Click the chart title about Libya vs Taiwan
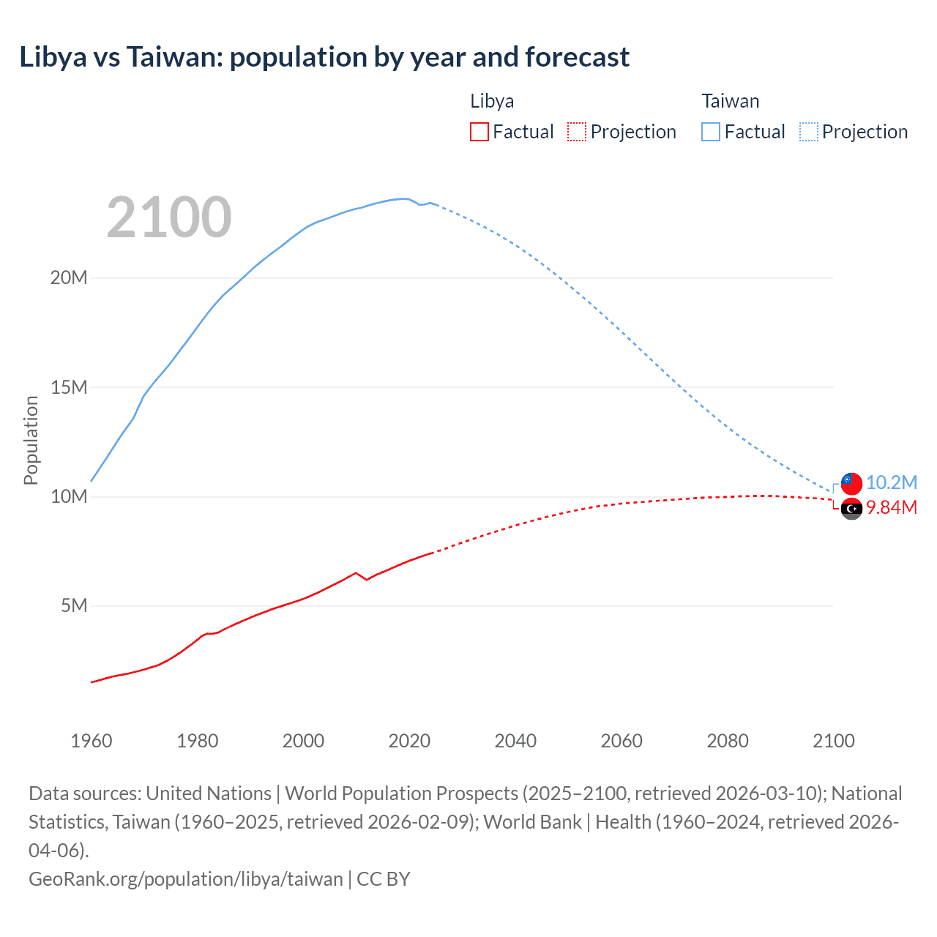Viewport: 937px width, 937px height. [x=324, y=57]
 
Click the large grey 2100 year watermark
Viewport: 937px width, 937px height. [x=169, y=217]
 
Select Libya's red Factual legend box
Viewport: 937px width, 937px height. [x=479, y=132]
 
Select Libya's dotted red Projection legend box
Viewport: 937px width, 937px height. [x=577, y=132]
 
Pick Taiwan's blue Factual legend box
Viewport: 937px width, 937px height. [x=710, y=132]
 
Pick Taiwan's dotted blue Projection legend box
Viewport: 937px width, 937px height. [x=808, y=132]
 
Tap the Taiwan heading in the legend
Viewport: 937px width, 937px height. [x=730, y=101]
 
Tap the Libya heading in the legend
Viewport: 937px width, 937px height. [x=491, y=101]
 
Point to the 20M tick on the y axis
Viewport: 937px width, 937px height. [x=69, y=277]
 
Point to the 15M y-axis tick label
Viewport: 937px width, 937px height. [x=69, y=387]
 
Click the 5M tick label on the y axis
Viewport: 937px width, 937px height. [x=74, y=605]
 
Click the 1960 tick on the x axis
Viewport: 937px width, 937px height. [x=92, y=741]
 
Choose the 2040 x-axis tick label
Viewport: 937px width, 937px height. [x=515, y=741]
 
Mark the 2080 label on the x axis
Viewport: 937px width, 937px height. [x=728, y=741]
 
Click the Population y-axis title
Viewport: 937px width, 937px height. [x=31, y=440]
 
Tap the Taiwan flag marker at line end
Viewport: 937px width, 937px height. [x=851, y=483]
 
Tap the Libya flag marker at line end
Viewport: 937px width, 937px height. [x=851, y=508]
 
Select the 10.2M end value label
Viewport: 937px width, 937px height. [x=891, y=482]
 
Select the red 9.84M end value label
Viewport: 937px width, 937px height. [x=891, y=507]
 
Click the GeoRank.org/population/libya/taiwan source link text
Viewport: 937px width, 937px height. [x=185, y=878]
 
